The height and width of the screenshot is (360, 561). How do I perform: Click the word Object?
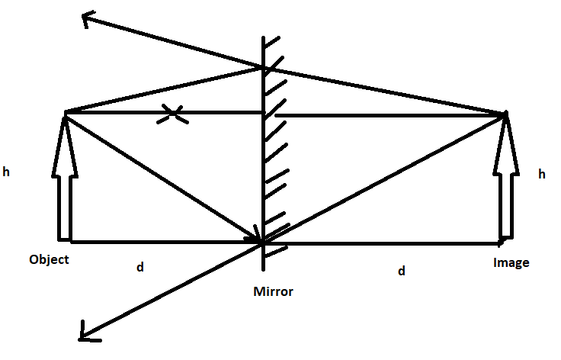(49, 259)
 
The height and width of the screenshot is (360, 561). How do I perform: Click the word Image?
(511, 263)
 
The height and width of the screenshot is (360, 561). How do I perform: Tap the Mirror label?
(274, 291)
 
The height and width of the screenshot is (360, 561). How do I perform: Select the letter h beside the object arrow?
(6, 173)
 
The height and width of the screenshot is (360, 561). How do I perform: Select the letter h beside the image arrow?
(542, 175)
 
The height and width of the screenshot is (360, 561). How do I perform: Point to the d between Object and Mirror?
(139, 268)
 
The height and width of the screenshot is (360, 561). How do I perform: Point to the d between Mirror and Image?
(402, 271)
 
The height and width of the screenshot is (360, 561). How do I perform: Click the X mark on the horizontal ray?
(175, 115)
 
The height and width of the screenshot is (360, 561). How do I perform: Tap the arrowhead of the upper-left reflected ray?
(85, 19)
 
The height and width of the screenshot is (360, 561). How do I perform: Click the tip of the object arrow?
(65, 114)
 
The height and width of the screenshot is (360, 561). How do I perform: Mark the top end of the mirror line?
(264, 37)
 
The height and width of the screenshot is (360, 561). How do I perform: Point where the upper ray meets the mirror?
(264, 68)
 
